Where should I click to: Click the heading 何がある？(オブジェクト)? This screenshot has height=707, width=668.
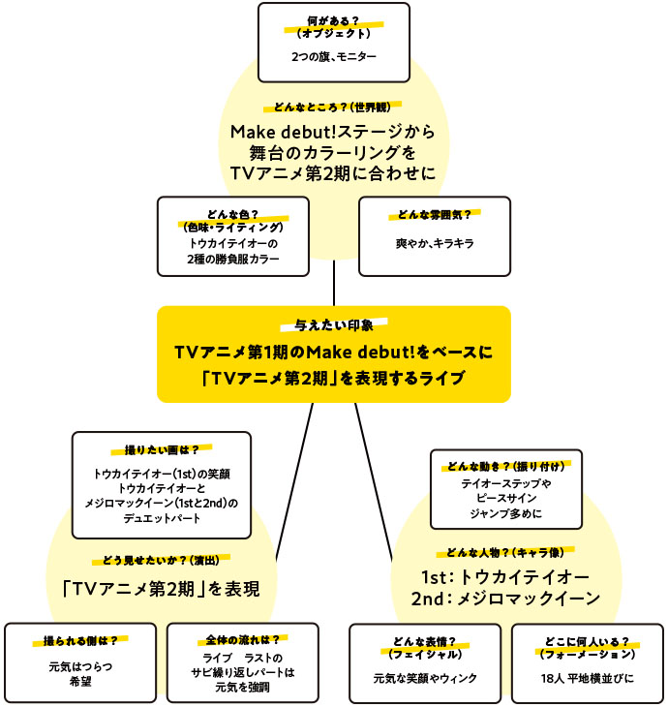point(333,26)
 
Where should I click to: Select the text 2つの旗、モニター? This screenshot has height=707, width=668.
point(333,57)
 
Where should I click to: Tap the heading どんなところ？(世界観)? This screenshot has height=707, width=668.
point(333,108)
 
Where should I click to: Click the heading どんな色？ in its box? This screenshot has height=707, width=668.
point(232,218)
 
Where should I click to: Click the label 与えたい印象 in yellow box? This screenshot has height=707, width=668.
point(333,326)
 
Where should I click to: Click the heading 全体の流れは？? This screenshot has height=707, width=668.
point(243,640)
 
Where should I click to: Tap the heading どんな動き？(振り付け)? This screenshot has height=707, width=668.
point(506,466)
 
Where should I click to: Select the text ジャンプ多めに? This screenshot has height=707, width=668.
point(506,512)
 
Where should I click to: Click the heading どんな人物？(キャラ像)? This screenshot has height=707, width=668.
point(505,552)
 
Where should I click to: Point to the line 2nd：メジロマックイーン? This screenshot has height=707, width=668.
point(505,599)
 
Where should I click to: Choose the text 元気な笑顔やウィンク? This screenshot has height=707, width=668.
point(425,678)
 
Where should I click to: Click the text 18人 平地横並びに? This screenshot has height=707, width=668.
point(587,678)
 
